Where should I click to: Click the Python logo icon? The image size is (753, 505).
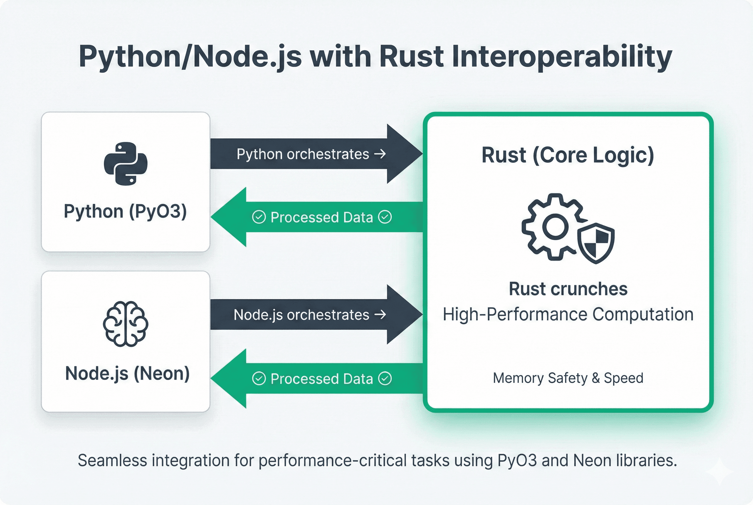(126, 163)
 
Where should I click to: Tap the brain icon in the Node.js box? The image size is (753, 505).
(126, 324)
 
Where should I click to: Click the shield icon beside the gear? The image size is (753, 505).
(596, 243)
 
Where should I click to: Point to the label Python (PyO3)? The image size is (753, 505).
(125, 212)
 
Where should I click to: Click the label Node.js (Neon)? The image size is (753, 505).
(127, 374)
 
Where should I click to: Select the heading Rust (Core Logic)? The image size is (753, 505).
(568, 155)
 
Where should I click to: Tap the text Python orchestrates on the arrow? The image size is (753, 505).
(303, 154)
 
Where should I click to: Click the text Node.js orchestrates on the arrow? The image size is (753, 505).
(301, 315)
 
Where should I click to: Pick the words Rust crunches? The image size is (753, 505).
(568, 289)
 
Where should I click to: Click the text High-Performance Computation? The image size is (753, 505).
(568, 314)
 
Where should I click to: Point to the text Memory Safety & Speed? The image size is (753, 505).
(568, 378)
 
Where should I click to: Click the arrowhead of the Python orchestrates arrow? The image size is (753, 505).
(404, 154)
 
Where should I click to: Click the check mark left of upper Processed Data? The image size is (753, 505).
(259, 217)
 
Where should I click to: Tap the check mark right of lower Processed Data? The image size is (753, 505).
(385, 379)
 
